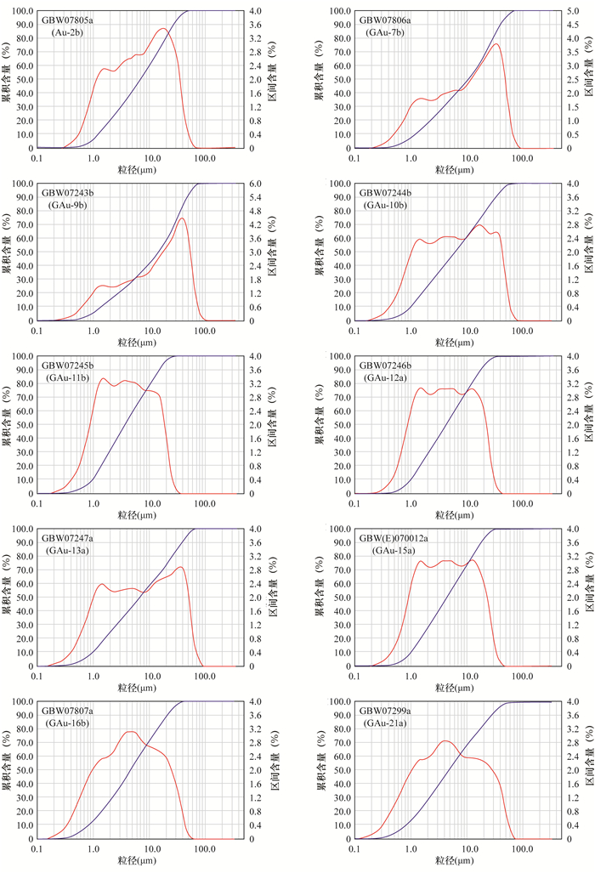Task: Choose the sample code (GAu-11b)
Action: point(71,377)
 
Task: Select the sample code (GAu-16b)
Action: point(71,723)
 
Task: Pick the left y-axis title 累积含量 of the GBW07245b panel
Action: point(7,424)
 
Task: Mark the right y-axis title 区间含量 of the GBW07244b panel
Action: point(588,252)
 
